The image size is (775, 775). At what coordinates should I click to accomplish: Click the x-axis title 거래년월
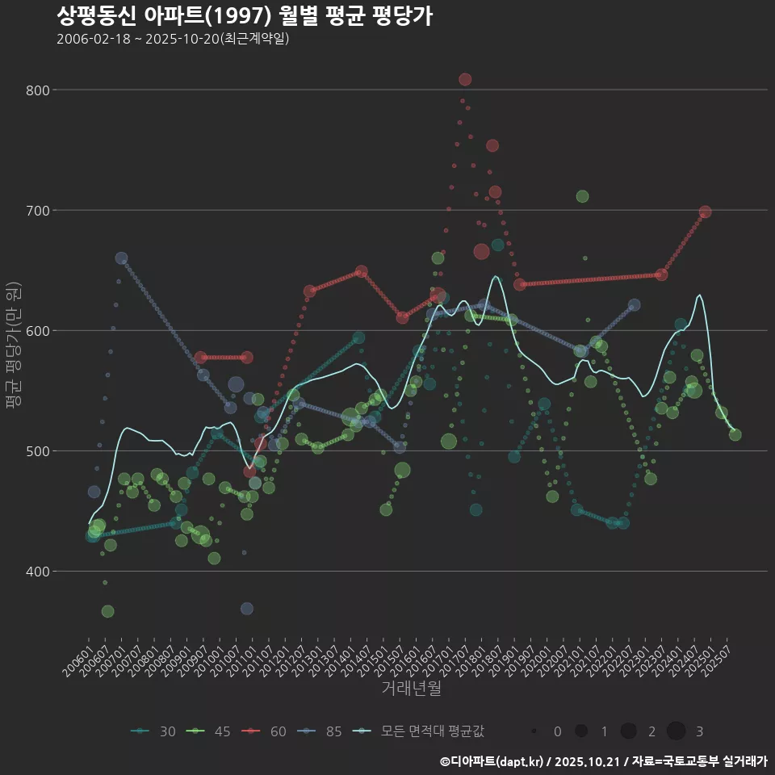pyautogui.click(x=412, y=689)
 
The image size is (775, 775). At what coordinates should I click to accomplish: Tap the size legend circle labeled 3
pyautogui.click(x=677, y=731)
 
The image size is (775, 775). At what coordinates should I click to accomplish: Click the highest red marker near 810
pyautogui.click(x=465, y=79)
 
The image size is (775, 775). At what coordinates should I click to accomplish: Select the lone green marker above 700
pyautogui.click(x=582, y=196)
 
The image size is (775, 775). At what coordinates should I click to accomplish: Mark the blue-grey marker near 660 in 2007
pyautogui.click(x=121, y=258)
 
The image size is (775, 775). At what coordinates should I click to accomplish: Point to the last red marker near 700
pyautogui.click(x=705, y=212)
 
